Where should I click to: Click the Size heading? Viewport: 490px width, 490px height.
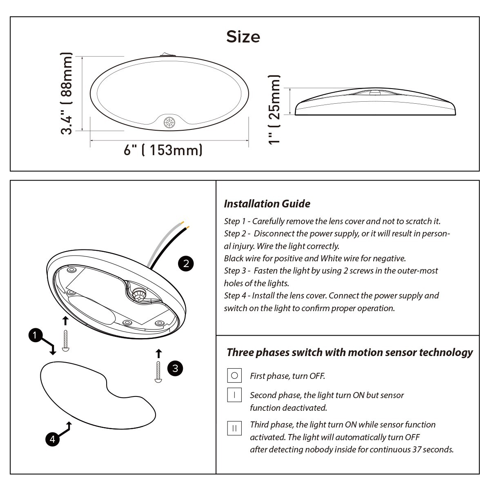(x=243, y=37)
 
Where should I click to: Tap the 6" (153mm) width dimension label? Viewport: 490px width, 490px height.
(x=163, y=150)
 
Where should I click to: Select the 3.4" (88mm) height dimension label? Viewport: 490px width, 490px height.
(x=67, y=94)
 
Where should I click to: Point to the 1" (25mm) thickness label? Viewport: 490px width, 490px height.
(x=274, y=110)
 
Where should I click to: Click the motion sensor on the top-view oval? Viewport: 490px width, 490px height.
(x=169, y=122)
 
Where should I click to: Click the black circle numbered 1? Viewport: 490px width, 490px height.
(x=36, y=335)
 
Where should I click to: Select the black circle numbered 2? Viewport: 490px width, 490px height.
(x=186, y=263)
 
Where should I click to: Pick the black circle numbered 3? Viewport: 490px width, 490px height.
(x=175, y=368)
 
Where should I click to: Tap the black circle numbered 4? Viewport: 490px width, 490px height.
(x=52, y=439)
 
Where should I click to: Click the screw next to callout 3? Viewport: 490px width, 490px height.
(x=158, y=372)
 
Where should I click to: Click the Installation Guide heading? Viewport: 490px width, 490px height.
(x=267, y=204)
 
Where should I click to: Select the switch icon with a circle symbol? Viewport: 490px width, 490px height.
(x=234, y=375)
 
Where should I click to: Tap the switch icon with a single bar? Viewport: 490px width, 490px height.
(x=234, y=395)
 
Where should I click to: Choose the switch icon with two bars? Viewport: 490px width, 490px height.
(x=234, y=428)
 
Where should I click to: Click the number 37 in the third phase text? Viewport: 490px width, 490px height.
(x=416, y=449)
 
